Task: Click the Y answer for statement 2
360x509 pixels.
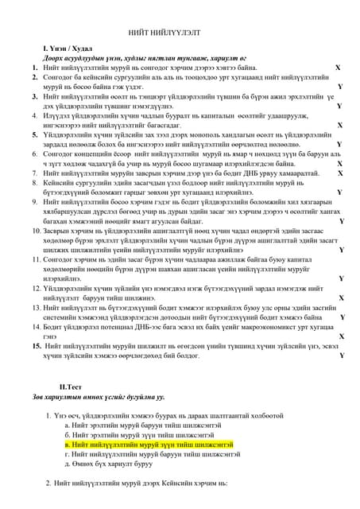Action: click(340, 87)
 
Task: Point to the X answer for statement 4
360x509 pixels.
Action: click(340, 124)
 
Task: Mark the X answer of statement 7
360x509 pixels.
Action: click(339, 173)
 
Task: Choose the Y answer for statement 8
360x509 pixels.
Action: click(339, 192)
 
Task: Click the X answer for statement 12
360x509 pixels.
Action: click(341, 297)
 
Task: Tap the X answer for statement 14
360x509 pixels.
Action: click(341, 336)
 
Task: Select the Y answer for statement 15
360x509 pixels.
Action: click(340, 355)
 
